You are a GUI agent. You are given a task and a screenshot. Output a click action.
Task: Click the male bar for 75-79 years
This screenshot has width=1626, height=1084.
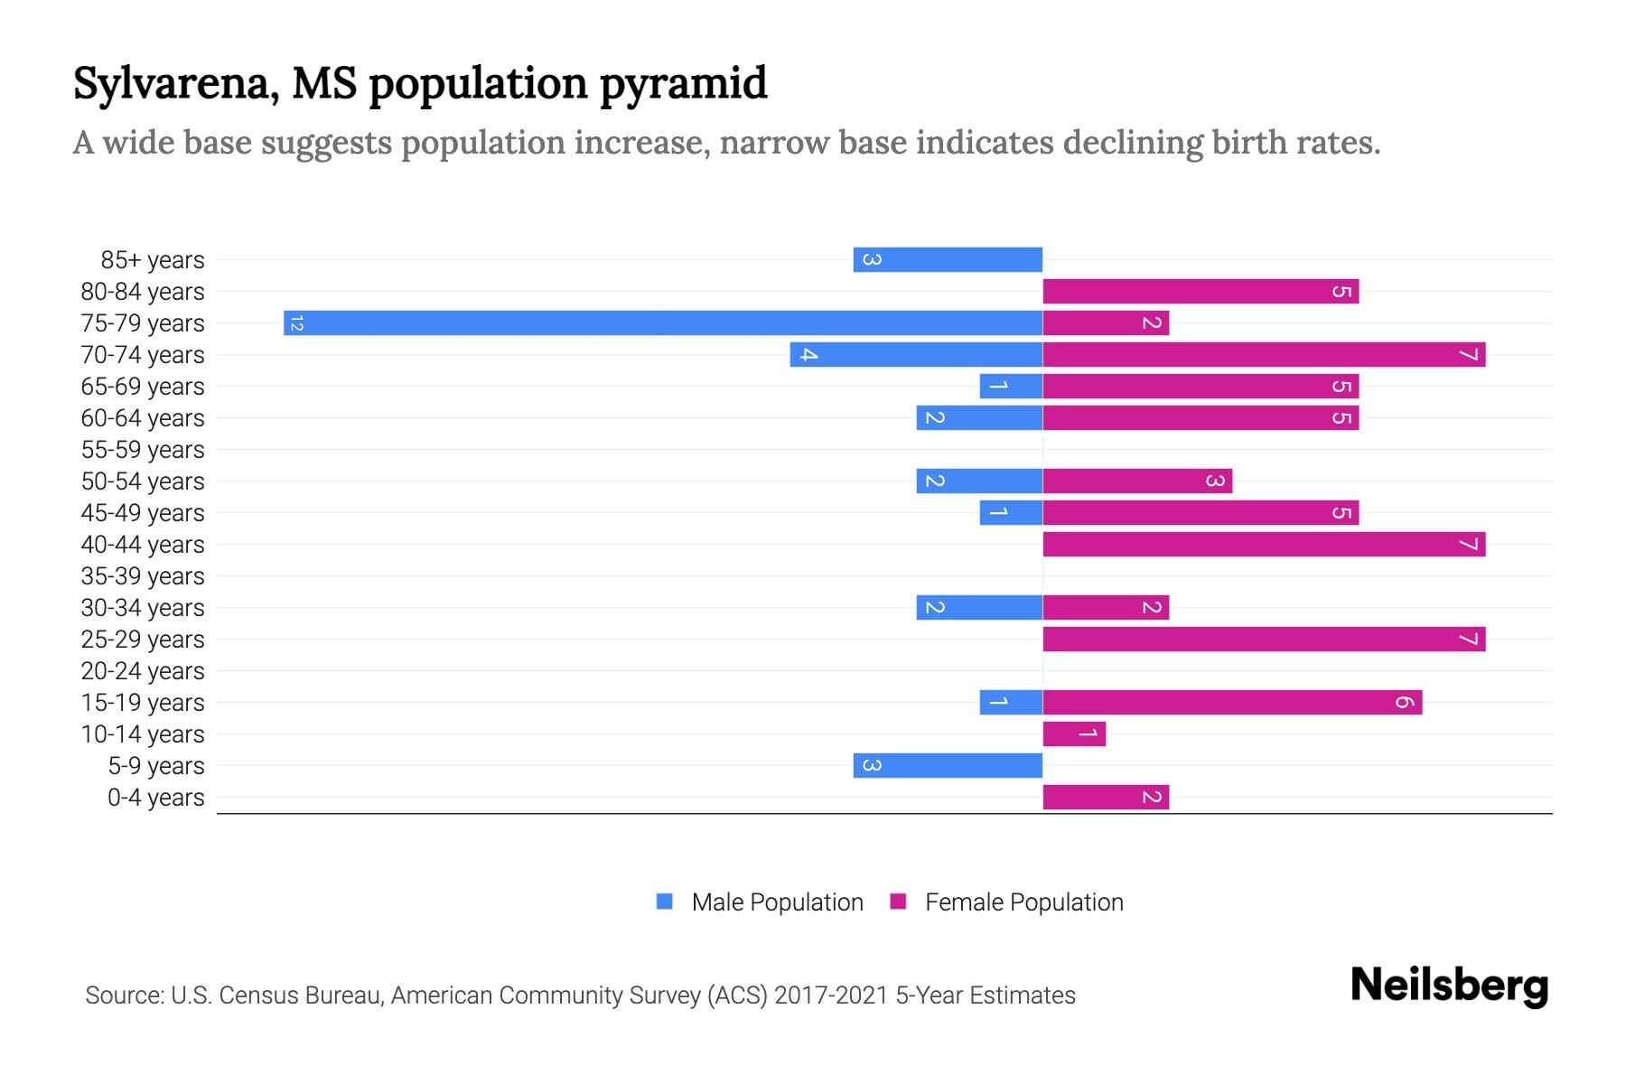point(663,322)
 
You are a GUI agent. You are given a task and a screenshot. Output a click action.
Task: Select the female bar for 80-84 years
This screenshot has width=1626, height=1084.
point(1201,291)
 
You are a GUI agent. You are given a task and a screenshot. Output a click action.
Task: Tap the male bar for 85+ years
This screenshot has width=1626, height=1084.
point(948,259)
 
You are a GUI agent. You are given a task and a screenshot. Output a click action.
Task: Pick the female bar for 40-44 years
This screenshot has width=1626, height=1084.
point(1264,544)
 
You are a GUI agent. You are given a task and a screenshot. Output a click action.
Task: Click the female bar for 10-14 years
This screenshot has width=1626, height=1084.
point(1074,734)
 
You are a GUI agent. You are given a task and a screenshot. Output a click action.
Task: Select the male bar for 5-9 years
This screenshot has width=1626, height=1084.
point(948,765)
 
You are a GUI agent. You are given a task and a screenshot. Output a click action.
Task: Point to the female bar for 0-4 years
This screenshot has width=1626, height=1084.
point(1106,797)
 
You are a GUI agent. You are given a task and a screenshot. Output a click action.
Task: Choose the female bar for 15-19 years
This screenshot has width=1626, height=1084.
point(1232,702)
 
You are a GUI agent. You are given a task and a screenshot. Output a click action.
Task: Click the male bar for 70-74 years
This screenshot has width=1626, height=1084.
point(916,354)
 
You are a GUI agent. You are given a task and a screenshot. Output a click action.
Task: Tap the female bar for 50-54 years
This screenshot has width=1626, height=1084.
point(1137,481)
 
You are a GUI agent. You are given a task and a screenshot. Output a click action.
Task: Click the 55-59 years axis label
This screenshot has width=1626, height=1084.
point(143,449)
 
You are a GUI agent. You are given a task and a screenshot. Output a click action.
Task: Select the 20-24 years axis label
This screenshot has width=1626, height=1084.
point(143,670)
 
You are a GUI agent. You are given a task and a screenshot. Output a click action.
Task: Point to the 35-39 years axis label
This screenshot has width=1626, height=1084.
point(143,575)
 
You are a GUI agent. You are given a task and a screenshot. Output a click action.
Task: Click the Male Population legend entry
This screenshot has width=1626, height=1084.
point(777,902)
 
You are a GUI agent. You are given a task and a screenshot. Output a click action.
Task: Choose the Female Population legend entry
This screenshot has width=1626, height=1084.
point(1023,902)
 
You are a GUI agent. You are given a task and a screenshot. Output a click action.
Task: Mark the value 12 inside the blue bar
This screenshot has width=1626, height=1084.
point(296,322)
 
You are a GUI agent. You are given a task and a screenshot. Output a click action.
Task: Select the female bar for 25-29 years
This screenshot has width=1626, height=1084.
point(1264,639)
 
